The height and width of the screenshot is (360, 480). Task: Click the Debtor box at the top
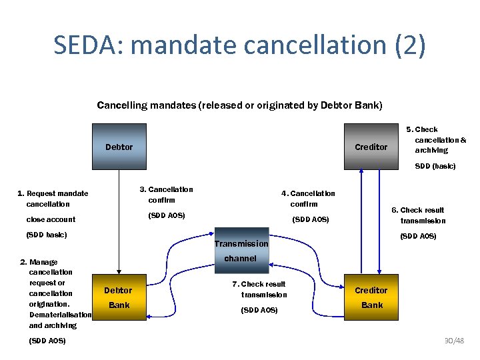(119, 147)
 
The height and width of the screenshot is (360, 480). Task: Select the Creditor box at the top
(371, 147)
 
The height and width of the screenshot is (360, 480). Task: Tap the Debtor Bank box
(119, 297)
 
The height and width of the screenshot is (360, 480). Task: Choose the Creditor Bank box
(371, 297)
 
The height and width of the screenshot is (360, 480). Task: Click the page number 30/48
(455, 341)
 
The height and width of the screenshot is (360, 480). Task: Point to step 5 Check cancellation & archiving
(437, 140)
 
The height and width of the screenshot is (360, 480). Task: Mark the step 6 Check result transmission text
(421, 215)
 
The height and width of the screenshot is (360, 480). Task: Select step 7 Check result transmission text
(262, 289)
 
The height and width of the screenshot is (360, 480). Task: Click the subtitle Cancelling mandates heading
(239, 105)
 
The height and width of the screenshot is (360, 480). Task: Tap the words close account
(51, 219)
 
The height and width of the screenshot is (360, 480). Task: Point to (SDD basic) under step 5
(435, 166)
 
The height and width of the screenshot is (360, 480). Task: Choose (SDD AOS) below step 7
(259, 310)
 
